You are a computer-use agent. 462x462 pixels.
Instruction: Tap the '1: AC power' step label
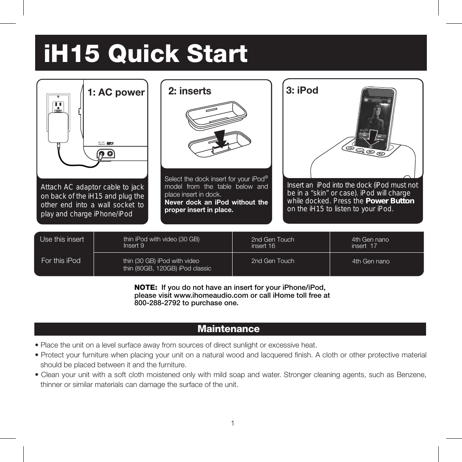[x=116, y=92]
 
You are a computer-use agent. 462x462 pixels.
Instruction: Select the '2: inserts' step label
[x=190, y=91]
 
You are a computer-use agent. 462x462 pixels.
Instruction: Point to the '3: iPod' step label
[x=302, y=90]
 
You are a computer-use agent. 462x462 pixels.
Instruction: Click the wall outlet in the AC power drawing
[x=58, y=104]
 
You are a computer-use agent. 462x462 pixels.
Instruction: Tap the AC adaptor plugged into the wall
[x=58, y=127]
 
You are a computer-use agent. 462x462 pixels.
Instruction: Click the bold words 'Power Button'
[x=390, y=201]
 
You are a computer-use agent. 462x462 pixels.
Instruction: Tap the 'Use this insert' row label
[x=62, y=239]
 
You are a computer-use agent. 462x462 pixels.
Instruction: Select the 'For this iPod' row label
[x=61, y=261]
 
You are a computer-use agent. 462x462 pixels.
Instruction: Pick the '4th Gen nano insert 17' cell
[x=370, y=242]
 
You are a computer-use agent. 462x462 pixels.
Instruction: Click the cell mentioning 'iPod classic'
[x=167, y=269]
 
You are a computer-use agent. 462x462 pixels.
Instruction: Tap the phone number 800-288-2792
[x=157, y=303]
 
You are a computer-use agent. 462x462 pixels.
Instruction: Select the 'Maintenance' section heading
[x=229, y=329]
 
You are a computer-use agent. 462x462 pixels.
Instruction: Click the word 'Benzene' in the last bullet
[x=411, y=375]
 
